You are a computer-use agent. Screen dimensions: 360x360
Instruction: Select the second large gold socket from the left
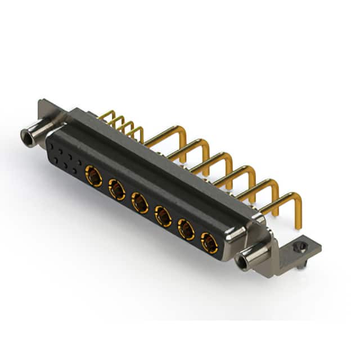(x=117, y=190)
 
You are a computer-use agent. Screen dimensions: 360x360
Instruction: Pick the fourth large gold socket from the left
(x=163, y=215)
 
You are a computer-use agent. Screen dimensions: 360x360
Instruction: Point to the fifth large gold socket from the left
(x=186, y=229)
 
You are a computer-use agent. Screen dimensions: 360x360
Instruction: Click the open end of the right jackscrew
(x=244, y=262)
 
